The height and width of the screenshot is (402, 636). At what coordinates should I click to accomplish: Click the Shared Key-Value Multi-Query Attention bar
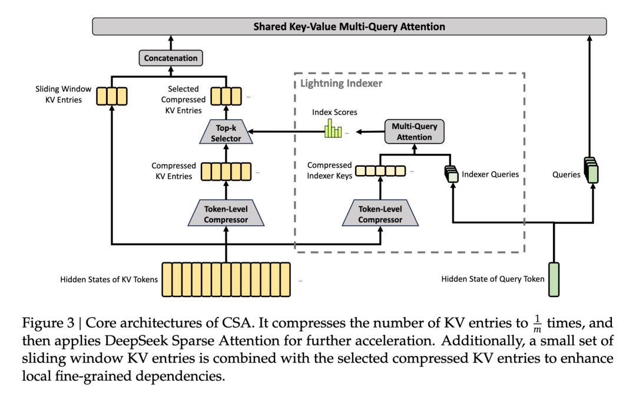point(349,27)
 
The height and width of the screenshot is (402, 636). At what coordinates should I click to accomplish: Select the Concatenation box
point(171,58)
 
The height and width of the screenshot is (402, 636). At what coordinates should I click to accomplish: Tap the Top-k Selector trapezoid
point(226,134)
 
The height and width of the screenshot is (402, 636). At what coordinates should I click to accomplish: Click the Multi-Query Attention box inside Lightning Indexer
point(414,132)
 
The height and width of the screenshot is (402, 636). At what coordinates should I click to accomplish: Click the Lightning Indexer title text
point(341,84)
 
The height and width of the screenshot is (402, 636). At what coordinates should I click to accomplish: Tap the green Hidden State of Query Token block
point(554,279)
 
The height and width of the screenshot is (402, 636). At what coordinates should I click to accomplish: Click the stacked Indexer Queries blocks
point(450,174)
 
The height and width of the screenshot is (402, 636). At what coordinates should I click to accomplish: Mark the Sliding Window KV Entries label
point(64,95)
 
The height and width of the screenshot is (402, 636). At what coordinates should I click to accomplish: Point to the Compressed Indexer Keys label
point(329,170)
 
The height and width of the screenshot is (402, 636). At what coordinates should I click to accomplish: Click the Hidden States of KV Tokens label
point(109,279)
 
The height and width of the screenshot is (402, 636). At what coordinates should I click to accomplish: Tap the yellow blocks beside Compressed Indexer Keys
point(380,171)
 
